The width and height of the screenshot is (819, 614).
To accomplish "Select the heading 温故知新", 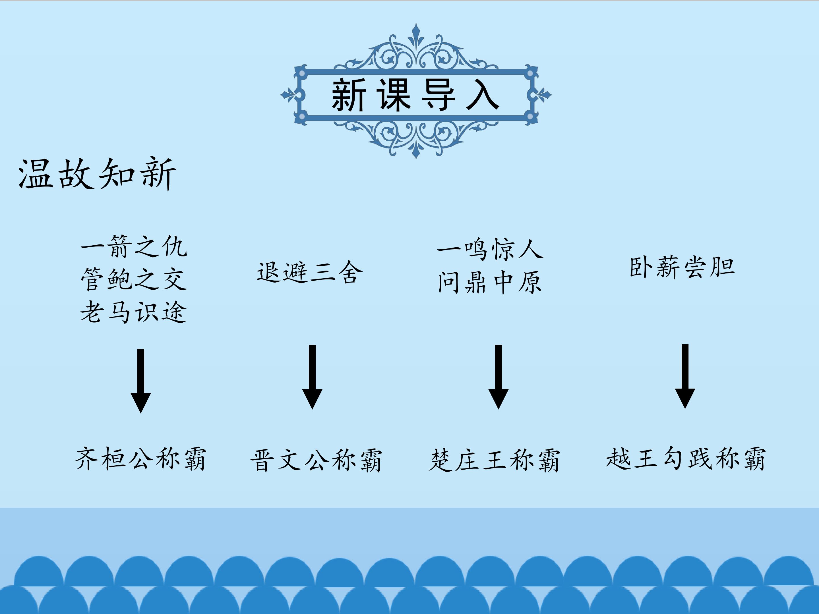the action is [97, 174].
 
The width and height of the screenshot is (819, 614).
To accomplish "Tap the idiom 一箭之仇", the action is [134, 246].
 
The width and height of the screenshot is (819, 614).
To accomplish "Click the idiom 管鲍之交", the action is [134, 279].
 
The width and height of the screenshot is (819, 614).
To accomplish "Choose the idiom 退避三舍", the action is [309, 272].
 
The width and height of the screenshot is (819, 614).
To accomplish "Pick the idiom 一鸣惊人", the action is [490, 249].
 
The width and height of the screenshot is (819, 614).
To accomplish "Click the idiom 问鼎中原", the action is [490, 282].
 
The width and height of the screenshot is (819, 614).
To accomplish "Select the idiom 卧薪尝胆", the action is [682, 267].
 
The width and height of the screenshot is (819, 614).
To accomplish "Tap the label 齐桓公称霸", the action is [140, 459].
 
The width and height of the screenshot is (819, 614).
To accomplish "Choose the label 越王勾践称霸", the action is [686, 459].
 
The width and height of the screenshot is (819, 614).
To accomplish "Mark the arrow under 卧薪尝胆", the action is [685, 376].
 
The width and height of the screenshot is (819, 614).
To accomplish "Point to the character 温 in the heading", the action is [35, 174].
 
